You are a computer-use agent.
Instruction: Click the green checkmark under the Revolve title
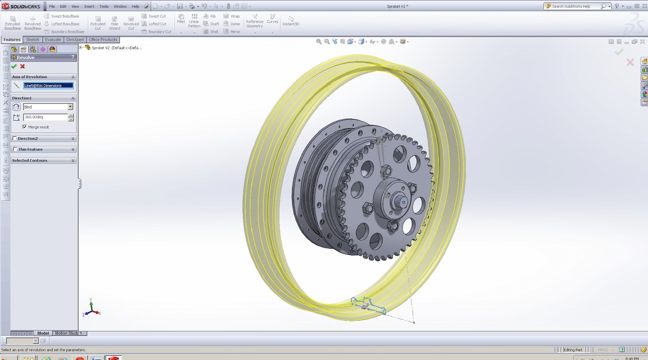14,66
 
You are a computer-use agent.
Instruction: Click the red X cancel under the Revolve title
23,66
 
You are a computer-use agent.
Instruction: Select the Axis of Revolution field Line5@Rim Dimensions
48,85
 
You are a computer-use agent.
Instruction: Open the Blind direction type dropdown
70,107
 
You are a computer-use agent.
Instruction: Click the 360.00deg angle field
45,117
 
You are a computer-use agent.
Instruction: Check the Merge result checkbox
25,127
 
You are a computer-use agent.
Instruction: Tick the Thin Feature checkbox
15,149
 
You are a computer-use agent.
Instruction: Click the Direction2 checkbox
15,138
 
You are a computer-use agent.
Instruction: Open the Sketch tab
32,40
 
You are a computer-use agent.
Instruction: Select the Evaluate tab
53,40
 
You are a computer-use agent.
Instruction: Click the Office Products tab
103,40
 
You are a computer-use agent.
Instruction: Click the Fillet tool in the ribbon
181,19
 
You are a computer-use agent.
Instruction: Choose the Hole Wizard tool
115,23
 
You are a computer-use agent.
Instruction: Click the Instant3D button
290,21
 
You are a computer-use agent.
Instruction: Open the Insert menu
89,6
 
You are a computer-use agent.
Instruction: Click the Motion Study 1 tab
68,333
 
